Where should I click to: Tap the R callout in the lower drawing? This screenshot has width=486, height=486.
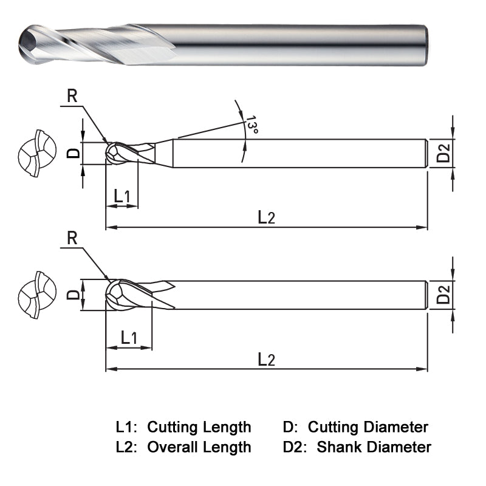(x=72, y=238)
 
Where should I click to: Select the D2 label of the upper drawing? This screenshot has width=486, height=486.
(x=444, y=153)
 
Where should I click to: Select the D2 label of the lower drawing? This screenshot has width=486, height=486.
(x=444, y=295)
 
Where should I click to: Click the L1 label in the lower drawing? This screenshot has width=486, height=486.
(x=129, y=337)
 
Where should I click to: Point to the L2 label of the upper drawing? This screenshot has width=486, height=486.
(x=267, y=217)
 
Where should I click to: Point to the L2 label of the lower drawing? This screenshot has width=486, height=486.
(x=267, y=359)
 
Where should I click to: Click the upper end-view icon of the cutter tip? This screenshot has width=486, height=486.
(x=37, y=152)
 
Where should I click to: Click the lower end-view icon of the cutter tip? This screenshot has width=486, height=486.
(x=37, y=295)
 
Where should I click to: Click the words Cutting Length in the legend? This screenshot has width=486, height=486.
(x=199, y=426)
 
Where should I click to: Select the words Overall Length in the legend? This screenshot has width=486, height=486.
(x=199, y=447)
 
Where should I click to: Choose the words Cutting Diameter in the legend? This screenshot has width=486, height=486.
(x=368, y=426)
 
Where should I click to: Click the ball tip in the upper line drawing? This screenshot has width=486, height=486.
(x=112, y=153)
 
